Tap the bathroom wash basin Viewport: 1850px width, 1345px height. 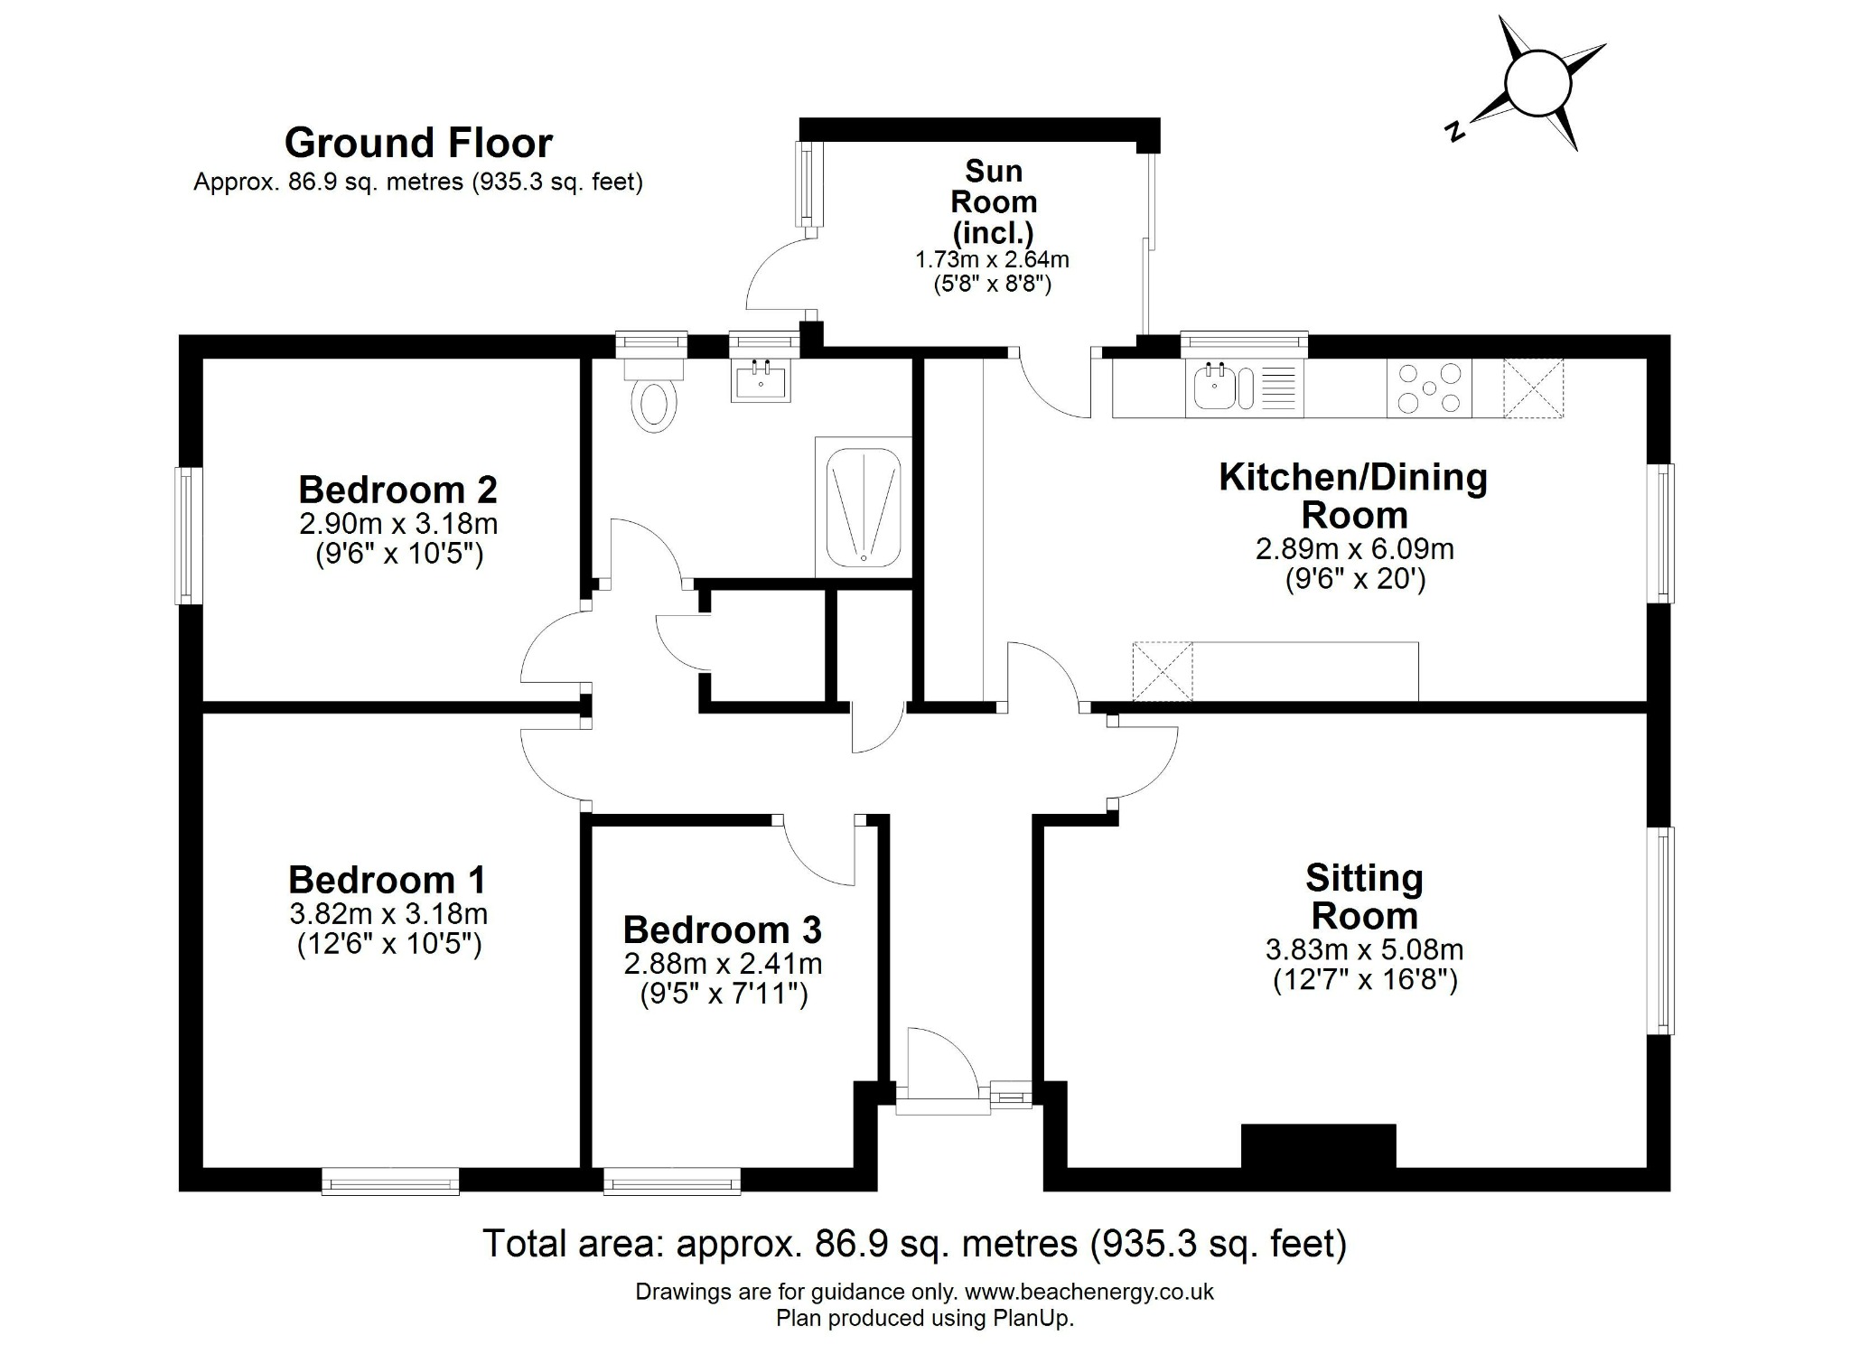[761, 380]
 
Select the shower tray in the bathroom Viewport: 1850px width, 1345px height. [864, 508]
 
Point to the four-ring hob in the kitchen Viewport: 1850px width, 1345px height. [1429, 388]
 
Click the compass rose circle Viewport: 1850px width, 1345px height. [1539, 84]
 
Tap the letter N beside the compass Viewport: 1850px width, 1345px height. [1454, 132]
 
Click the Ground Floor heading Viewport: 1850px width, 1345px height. [418, 143]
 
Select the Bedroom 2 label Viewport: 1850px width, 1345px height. [397, 490]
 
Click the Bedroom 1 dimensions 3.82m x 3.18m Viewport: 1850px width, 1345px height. [388, 913]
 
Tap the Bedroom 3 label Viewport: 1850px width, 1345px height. [723, 929]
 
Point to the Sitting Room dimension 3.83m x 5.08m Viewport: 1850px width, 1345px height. [1364, 949]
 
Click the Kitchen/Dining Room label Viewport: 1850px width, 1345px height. [1353, 496]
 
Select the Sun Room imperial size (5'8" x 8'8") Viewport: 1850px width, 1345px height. [993, 284]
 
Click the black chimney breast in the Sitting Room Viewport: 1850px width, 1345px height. [1319, 1146]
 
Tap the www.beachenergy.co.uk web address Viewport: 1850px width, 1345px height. [1089, 1292]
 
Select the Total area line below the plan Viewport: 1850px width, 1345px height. [915, 1244]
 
